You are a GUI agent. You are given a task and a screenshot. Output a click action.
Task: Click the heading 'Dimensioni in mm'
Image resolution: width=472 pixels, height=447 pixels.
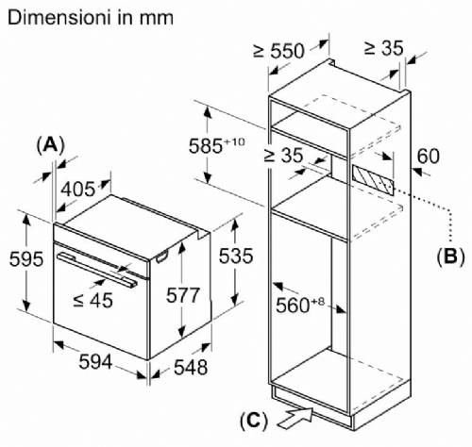tap(91, 18)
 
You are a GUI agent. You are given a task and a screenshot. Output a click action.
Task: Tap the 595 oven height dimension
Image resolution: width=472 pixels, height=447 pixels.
tap(26, 259)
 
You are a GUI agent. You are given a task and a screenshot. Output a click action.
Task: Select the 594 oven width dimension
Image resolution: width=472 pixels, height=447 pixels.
tap(95, 361)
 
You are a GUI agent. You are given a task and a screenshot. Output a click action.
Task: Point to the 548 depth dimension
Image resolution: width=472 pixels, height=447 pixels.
tap(191, 367)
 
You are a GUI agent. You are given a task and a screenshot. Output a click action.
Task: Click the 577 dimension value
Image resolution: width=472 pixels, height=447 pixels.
tap(183, 295)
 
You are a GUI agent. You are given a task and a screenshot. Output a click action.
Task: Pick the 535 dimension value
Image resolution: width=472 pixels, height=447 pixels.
tap(236, 256)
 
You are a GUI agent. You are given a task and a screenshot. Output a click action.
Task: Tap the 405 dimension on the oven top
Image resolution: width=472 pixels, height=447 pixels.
tap(77, 190)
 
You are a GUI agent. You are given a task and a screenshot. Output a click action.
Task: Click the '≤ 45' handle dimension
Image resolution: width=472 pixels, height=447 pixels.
tap(93, 300)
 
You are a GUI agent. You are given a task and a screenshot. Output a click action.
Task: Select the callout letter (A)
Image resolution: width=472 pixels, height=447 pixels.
tap(50, 145)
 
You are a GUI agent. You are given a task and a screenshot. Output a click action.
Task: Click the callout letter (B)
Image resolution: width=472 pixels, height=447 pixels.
tap(450, 257)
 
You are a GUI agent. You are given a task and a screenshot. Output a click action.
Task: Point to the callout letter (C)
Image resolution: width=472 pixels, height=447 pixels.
tap(254, 421)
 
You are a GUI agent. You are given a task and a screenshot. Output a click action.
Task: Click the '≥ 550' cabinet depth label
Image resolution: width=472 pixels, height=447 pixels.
tap(278, 51)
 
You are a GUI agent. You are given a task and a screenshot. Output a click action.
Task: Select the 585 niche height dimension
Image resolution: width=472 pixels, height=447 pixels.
tap(216, 146)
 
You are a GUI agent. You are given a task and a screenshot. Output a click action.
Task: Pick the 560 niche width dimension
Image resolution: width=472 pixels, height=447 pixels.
tap(300, 305)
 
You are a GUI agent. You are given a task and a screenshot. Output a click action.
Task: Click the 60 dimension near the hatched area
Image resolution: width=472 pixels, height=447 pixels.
tap(428, 157)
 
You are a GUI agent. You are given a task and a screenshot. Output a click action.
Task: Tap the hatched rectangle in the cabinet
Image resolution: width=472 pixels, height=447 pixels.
tap(373, 179)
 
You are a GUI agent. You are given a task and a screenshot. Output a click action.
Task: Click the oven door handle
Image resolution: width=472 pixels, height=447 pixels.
tap(97, 270)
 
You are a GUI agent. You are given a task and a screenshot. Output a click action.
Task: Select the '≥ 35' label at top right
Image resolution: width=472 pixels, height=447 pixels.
tap(383, 49)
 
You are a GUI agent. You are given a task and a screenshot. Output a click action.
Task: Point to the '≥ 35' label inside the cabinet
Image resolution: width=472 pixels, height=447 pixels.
tap(283, 155)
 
